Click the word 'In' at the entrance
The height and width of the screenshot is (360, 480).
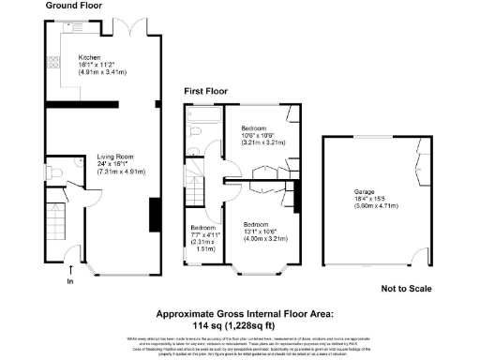click(70, 281)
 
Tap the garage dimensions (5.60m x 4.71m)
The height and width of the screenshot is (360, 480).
click(367, 210)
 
